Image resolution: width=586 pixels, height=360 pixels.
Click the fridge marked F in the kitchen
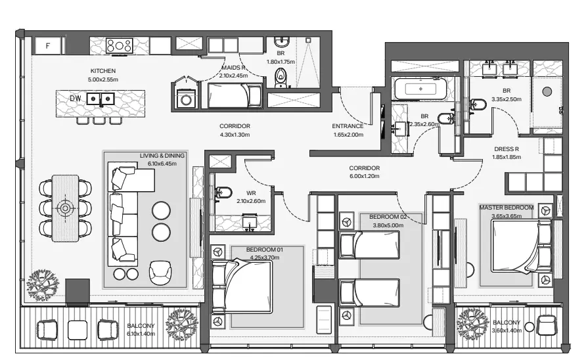click(48, 46)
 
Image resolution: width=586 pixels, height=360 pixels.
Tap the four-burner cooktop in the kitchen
click(120, 46)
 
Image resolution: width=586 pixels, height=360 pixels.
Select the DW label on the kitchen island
click(75, 99)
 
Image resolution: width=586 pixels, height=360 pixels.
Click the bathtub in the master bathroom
click(420, 89)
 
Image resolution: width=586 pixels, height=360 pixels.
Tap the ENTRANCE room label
click(348, 126)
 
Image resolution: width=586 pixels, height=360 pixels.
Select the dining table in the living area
click(66, 208)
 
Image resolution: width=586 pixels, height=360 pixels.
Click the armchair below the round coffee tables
click(160, 273)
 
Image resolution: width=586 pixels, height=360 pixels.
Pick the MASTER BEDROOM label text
click(507, 208)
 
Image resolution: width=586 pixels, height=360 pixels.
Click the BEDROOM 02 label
click(388, 217)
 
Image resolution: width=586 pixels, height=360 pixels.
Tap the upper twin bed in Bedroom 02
click(369, 245)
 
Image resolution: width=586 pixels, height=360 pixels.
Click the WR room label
click(251, 193)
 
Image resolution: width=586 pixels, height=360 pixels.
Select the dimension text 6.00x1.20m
click(365, 177)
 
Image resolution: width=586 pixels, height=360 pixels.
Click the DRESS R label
click(507, 149)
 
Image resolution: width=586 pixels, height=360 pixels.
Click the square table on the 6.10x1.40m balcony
click(78, 330)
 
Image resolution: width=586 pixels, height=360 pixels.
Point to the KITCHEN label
click(103, 71)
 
